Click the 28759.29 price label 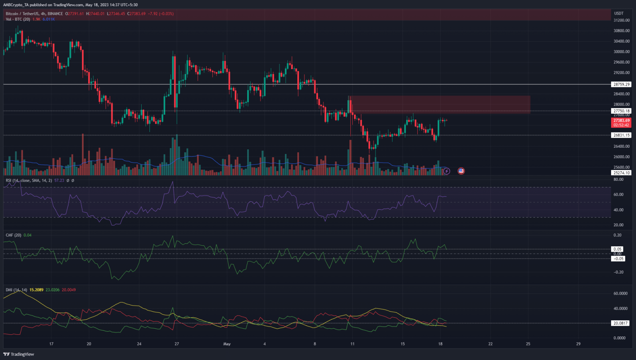(x=621, y=84)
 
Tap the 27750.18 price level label (x=621, y=111)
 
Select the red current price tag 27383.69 (x=621, y=120)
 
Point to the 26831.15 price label (x=621, y=135)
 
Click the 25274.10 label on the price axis (x=621, y=173)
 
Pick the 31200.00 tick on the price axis (x=621, y=20)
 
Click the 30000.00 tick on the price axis (x=621, y=52)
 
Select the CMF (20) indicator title (x=13, y=235)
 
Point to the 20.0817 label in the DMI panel (x=620, y=323)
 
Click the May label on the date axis (x=226, y=344)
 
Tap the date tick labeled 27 (x=177, y=344)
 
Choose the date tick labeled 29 (x=578, y=344)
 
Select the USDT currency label (x=619, y=14)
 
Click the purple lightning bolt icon (x=446, y=171)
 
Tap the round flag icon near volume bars (x=461, y=171)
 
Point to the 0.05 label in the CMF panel (x=617, y=249)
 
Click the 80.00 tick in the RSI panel (x=618, y=180)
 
